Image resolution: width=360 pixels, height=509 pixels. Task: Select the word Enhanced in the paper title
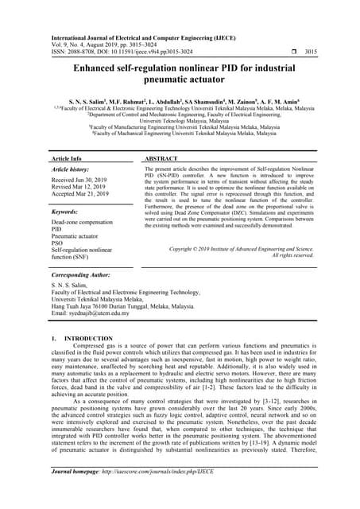pyautogui.click(x=102, y=68)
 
